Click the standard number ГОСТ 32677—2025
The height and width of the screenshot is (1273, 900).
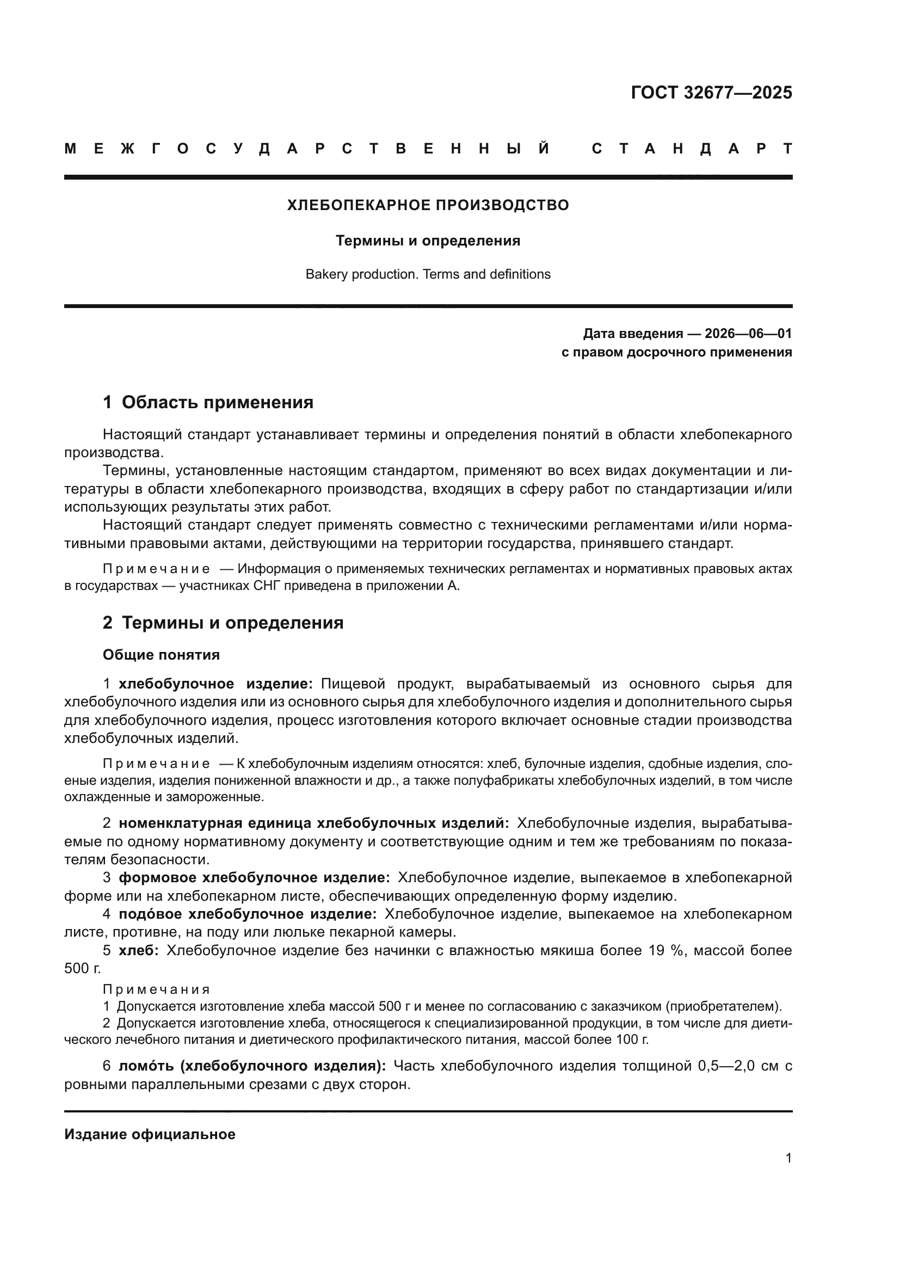tap(711, 93)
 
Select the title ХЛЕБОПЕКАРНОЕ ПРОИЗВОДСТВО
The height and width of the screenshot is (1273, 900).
tap(428, 205)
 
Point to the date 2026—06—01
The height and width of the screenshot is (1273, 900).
tap(748, 334)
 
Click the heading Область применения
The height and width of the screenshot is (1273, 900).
tap(217, 403)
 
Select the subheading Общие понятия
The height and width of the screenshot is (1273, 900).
tap(161, 655)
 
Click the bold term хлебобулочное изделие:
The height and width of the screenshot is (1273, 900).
tap(216, 684)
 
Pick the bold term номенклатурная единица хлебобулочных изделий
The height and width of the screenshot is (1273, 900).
tap(313, 823)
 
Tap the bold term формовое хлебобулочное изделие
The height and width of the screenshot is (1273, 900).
tap(254, 878)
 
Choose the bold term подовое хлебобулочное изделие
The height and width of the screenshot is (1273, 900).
tap(248, 914)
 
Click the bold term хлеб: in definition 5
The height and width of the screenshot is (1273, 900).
tap(139, 950)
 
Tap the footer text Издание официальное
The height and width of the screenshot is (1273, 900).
tap(150, 1134)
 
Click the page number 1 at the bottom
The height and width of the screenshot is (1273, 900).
tap(788, 1158)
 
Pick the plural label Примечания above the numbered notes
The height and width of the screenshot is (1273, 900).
tap(156, 989)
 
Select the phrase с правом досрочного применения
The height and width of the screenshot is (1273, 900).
tap(676, 352)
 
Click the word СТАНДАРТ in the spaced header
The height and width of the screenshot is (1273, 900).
tap(692, 149)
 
